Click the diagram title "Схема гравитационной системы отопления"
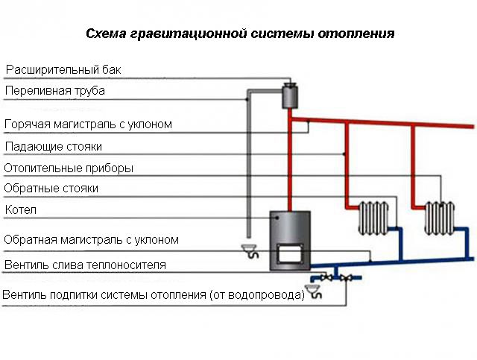click(239, 34)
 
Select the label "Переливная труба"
click(55, 91)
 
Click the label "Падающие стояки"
click(53, 146)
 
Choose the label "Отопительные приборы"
click(69, 168)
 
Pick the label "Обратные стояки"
click(51, 189)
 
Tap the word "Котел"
click(21, 210)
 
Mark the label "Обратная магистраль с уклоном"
click(92, 240)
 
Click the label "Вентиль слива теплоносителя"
click(85, 265)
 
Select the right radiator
click(437, 217)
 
